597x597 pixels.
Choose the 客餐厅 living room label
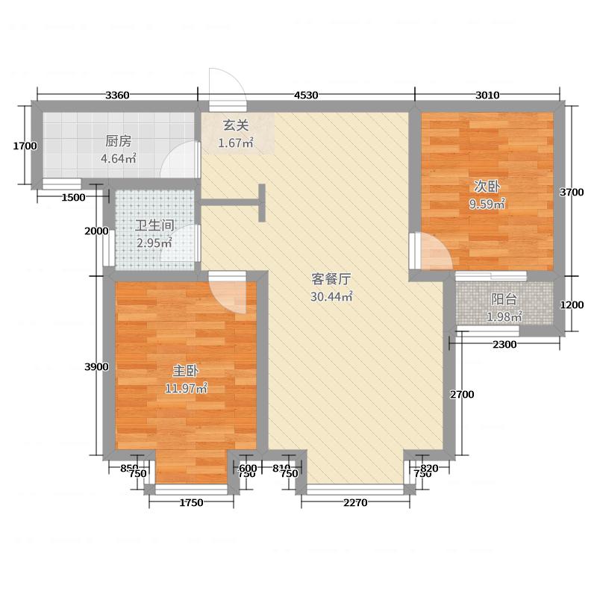tap(331, 280)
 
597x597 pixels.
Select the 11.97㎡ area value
tap(186, 388)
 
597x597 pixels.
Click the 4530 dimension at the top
tap(306, 95)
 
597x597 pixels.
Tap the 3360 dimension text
tap(118, 95)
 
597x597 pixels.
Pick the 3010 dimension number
tap(487, 95)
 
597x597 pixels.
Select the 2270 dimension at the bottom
tap(356, 502)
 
